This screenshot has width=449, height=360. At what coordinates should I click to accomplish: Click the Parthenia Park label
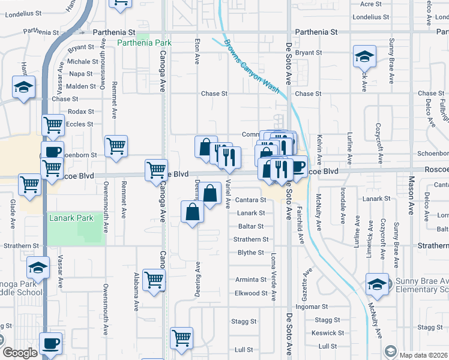click(144, 43)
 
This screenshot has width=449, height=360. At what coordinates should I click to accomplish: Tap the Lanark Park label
click(71, 218)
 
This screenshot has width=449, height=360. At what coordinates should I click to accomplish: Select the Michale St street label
click(82, 62)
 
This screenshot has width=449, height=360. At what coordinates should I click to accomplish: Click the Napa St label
click(81, 74)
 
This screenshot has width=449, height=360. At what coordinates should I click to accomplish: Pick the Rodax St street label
click(81, 112)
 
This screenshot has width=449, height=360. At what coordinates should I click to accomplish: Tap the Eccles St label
click(80, 124)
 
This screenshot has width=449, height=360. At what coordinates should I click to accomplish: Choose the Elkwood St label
click(251, 293)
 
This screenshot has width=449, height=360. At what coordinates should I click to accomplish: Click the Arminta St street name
click(250, 280)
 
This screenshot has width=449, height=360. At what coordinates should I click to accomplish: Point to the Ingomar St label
click(327, 307)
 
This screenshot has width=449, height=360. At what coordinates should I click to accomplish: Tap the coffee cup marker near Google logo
click(52, 343)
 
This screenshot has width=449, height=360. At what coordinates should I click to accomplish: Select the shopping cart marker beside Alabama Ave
click(154, 279)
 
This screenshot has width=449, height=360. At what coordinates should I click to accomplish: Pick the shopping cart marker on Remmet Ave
click(116, 146)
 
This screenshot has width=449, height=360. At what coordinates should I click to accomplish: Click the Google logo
click(20, 353)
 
